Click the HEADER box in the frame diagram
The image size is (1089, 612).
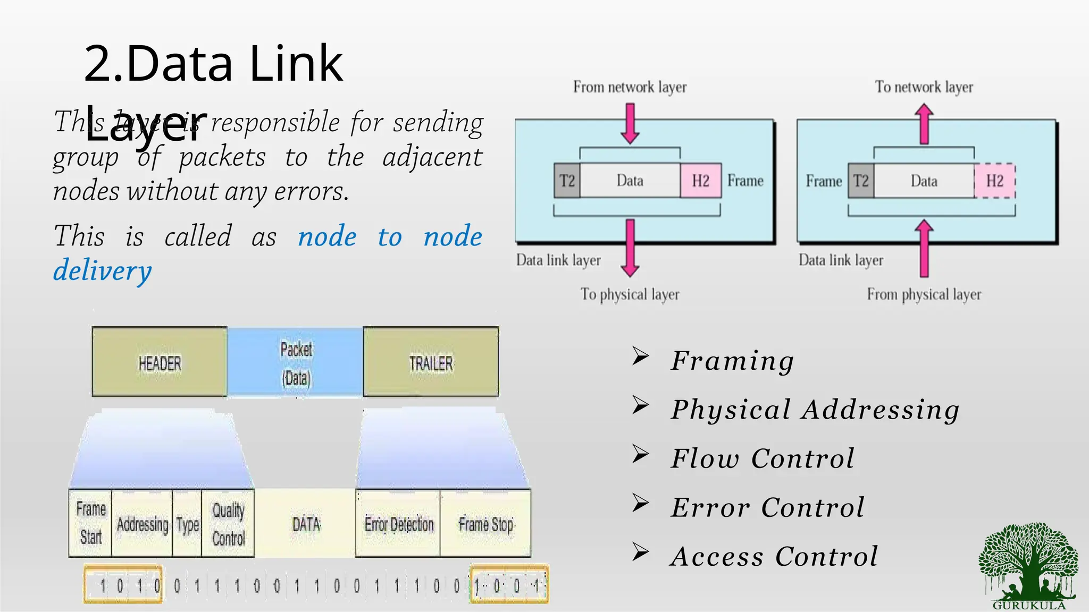click(x=160, y=362)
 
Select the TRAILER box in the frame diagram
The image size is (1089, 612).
click(x=431, y=362)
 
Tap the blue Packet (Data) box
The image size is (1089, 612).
click(x=296, y=362)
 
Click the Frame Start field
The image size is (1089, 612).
click(x=90, y=523)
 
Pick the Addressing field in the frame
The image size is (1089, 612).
click(x=142, y=524)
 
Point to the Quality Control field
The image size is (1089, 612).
click(x=228, y=524)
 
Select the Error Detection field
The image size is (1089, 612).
click(x=399, y=524)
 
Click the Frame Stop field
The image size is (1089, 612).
click(x=486, y=524)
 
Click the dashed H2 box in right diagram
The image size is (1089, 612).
click(x=995, y=181)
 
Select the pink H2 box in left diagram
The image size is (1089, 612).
click(x=701, y=181)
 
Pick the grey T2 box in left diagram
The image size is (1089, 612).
click(x=567, y=181)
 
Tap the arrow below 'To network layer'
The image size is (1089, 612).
click(x=924, y=124)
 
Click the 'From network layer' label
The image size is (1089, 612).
click(x=630, y=87)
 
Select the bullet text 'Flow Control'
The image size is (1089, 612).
click(x=763, y=458)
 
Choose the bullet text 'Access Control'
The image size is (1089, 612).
click(x=774, y=556)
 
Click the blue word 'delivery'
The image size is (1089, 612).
click(x=103, y=270)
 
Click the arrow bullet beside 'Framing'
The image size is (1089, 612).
click(x=640, y=356)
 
